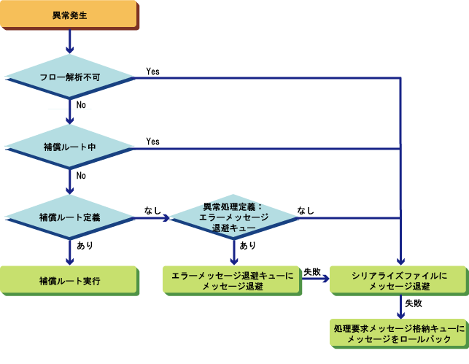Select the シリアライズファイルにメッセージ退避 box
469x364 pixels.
[398, 281]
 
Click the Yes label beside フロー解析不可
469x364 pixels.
[153, 71]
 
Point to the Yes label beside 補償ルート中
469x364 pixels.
[153, 142]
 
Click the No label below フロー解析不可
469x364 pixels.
[81, 105]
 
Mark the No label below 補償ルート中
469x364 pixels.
[81, 176]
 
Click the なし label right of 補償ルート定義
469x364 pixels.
[153, 211]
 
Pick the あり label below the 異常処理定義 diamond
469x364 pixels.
[247, 247]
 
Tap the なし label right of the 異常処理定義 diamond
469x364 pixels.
[306, 211]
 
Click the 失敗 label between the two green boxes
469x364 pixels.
[311, 272]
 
